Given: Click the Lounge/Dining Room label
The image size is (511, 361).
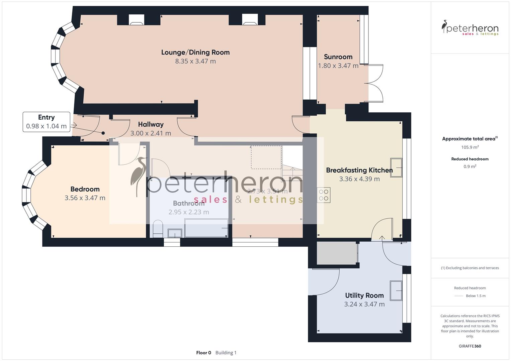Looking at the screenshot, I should pos(195,52).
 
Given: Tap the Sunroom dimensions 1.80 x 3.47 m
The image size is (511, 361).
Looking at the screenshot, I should pos(338,66).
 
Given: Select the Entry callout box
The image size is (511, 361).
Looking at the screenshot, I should pos(47,122).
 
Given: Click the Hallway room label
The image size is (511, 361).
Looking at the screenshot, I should pos(151,124).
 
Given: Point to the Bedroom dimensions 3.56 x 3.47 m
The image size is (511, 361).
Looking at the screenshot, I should pos(85,198).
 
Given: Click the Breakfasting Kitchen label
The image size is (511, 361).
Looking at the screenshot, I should pos(359,170).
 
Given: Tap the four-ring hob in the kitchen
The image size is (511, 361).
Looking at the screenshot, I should pos(324,195).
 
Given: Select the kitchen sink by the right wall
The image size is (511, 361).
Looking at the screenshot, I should pos(396,168).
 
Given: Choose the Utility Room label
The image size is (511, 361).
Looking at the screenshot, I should pos(364,295).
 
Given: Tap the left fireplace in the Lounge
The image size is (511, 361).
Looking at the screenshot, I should pos(137,21).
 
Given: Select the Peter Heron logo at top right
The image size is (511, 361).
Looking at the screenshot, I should pos(470,28).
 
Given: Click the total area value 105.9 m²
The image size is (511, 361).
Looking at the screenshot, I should pos(470,147).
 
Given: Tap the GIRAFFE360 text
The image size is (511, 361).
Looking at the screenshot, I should pos(470,346).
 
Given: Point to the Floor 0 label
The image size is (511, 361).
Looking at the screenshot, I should pos(203,353).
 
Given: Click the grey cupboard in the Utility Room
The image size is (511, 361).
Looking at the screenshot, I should pos(336,253).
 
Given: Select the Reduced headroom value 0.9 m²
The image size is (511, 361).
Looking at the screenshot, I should pos(470,166).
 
